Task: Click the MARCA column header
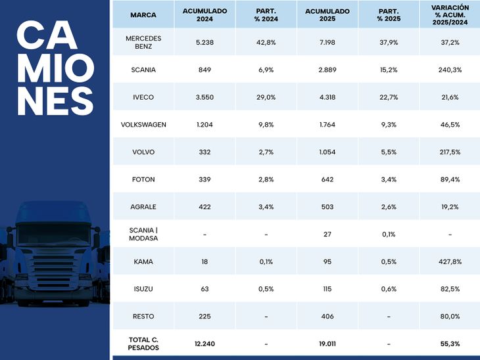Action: point(143,14)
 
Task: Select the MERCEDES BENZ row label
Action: point(143,42)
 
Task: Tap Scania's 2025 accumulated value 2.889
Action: point(327,70)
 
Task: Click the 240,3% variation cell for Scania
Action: point(449,70)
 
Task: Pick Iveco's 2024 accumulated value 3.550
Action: point(204,97)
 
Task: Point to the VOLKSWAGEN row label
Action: point(143,125)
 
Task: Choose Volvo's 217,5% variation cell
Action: point(449,152)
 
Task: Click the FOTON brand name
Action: point(143,179)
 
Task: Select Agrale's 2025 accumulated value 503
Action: point(327,207)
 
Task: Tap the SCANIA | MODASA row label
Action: point(143,234)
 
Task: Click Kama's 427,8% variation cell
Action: point(449,261)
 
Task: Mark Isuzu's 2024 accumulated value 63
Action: point(204,289)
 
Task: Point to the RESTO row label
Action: point(143,317)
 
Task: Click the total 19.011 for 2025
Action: point(327,344)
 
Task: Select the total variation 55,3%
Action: point(449,344)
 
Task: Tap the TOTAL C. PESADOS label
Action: point(143,344)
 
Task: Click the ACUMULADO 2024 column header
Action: point(204,14)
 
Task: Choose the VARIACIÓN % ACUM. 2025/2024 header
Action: point(449,14)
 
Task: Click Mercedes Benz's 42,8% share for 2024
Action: point(266,42)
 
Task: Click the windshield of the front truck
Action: point(53,233)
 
